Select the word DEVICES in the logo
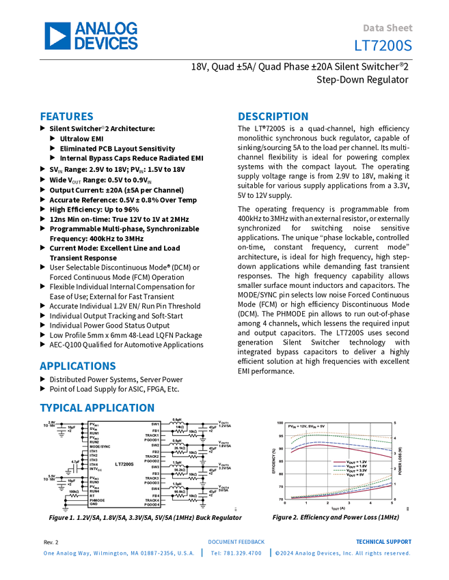[106, 44]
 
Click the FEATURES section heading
[67, 117]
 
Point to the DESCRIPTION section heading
[273, 117]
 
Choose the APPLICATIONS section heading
[78, 366]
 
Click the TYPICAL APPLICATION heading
[96, 408]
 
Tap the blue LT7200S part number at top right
[383, 46]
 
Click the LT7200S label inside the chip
[124, 464]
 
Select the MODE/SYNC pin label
[100, 447]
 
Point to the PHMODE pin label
[98, 499]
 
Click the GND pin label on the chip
[93, 504]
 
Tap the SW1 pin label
[155, 424]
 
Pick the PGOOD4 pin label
[152, 504]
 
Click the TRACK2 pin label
[152, 456]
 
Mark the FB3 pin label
[155, 473]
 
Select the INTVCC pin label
[96, 469]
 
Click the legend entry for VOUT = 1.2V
[357, 462]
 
